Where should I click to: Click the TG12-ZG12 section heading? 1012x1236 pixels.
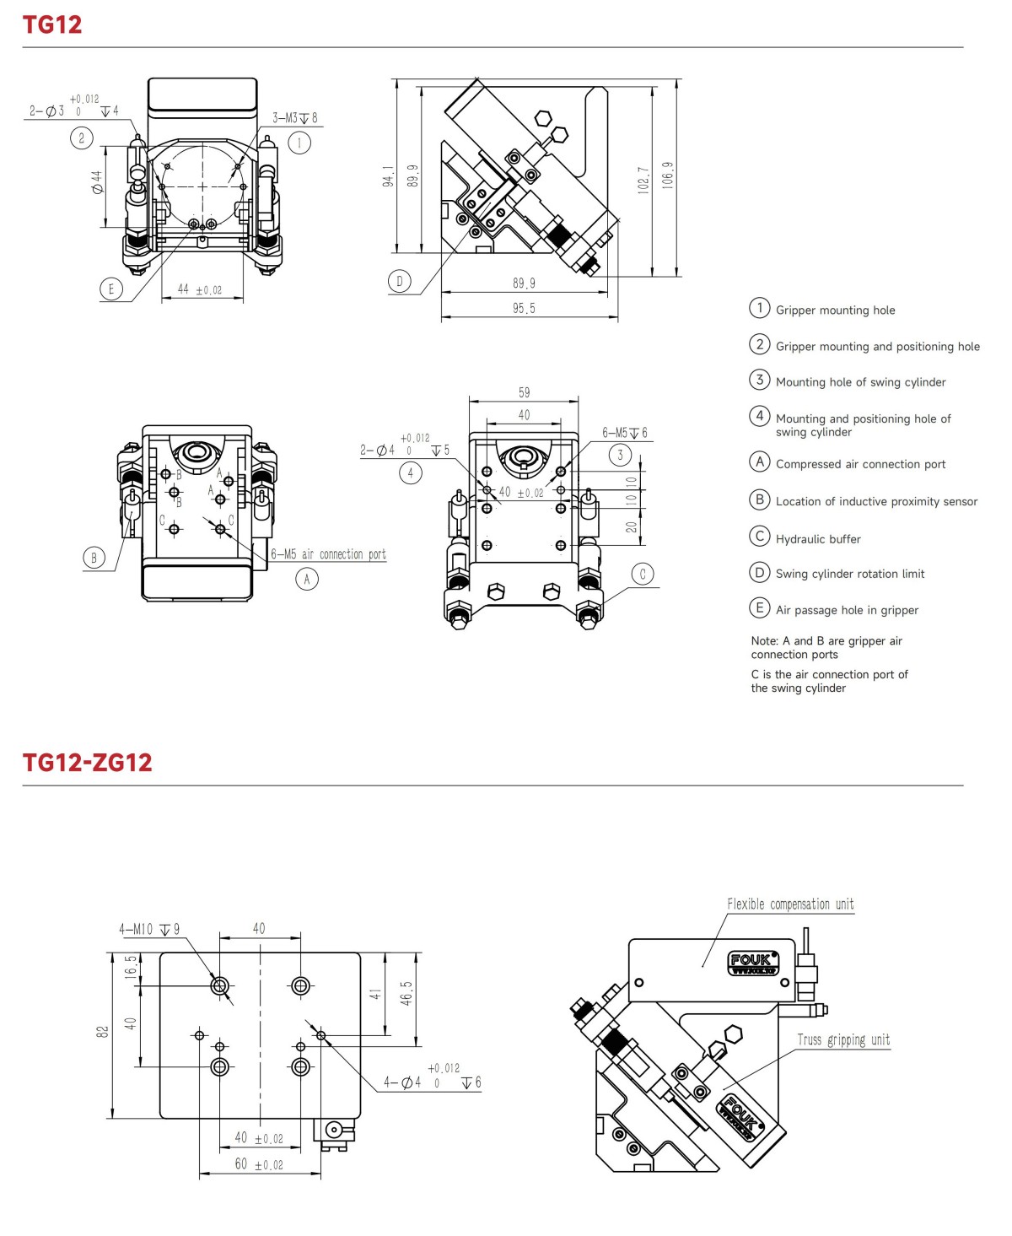(87, 763)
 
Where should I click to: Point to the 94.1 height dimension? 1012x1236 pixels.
(388, 175)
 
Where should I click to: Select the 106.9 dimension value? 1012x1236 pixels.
(668, 175)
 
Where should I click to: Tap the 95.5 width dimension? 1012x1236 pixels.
(524, 309)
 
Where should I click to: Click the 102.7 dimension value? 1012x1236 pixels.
(643, 180)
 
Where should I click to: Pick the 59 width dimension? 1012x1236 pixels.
(524, 392)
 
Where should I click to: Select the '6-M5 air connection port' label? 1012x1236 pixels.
(328, 554)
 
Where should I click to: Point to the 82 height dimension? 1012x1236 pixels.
(103, 1032)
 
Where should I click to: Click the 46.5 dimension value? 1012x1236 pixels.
(406, 993)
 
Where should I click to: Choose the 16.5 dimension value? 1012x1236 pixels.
(131, 966)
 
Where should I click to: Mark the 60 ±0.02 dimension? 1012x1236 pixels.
(258, 1164)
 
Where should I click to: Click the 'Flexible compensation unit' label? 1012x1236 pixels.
(790, 904)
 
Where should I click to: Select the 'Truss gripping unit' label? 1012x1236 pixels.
(843, 1039)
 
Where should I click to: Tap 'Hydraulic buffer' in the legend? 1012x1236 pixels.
(818, 539)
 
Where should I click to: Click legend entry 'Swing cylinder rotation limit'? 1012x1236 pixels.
(849, 574)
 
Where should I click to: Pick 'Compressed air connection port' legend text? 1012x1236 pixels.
(860, 464)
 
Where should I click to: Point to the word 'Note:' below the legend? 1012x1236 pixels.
(765, 641)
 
